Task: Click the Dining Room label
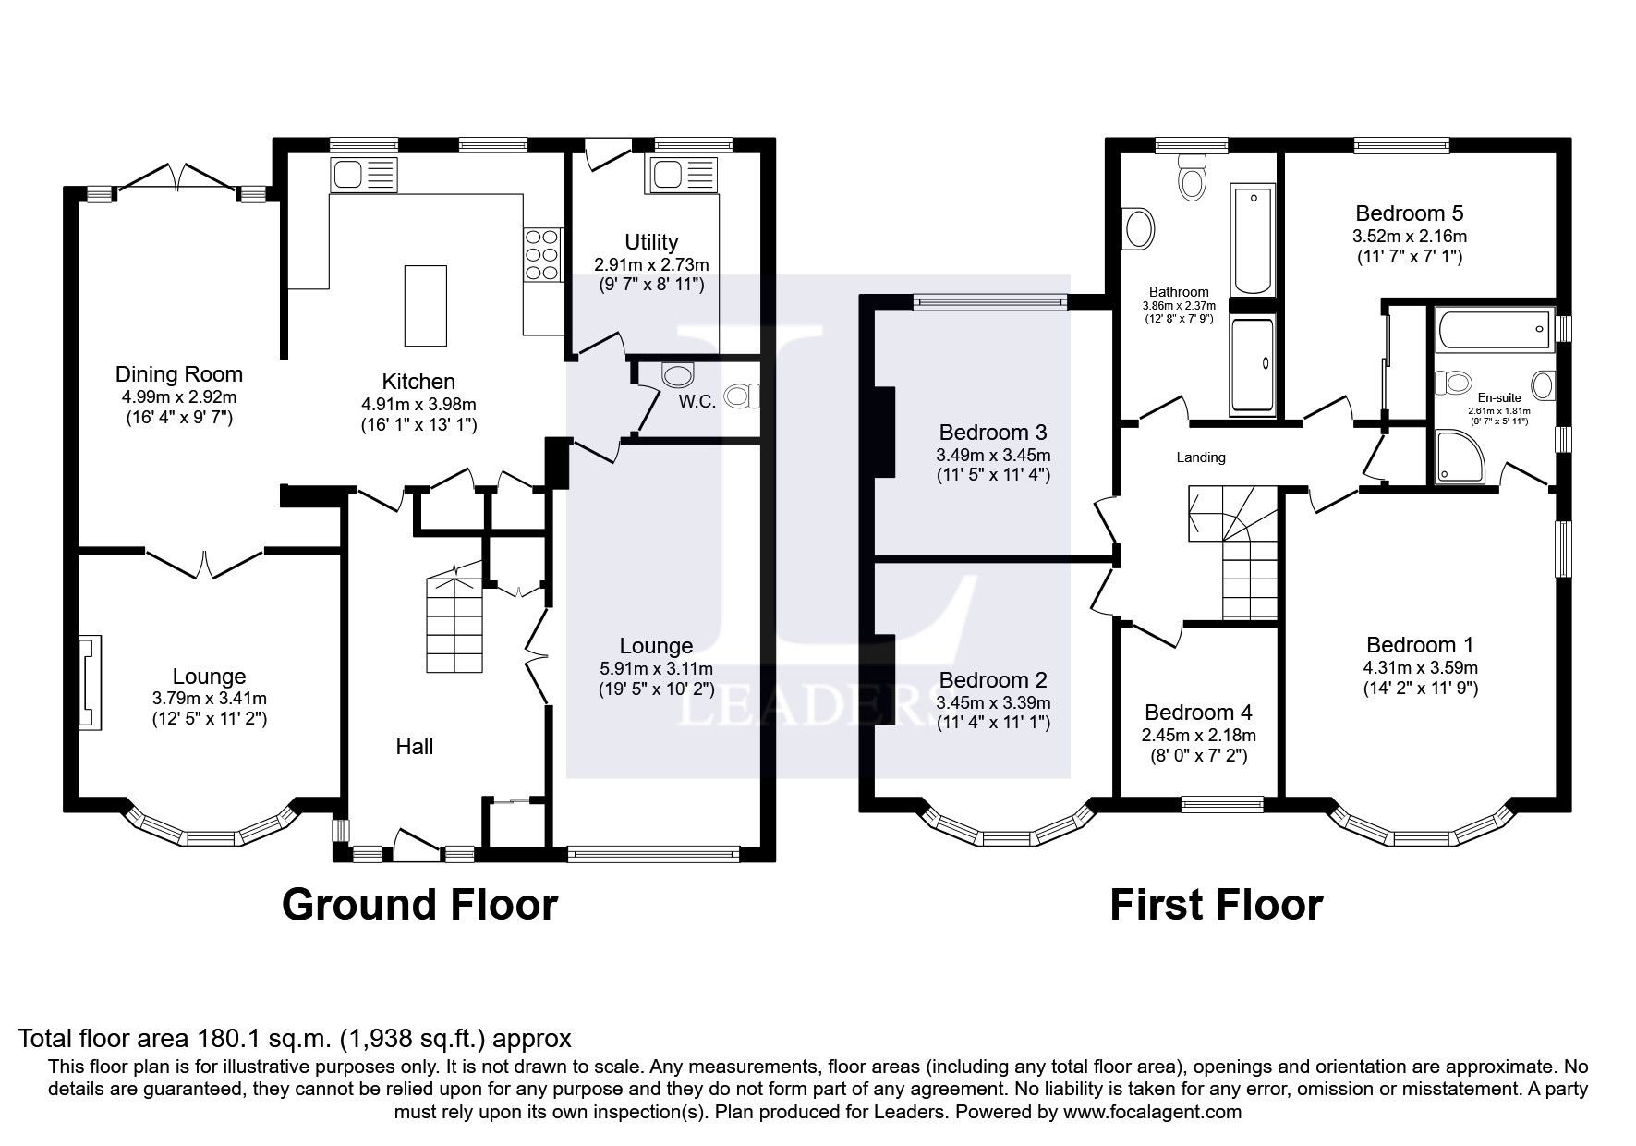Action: (178, 374)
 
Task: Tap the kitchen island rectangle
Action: (426, 305)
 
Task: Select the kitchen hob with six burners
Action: (542, 255)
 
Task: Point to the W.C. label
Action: (697, 402)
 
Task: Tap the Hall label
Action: (414, 747)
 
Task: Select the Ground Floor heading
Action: (419, 905)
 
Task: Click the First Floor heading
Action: (1216, 905)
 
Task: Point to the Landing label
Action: (1200, 457)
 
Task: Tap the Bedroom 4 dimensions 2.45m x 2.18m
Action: (1198, 736)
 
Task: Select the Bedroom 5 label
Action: (1409, 214)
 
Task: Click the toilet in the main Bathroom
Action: (1192, 178)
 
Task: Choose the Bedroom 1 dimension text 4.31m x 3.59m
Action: (1420, 667)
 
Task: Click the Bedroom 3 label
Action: (992, 433)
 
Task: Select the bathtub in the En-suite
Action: (1494, 331)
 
